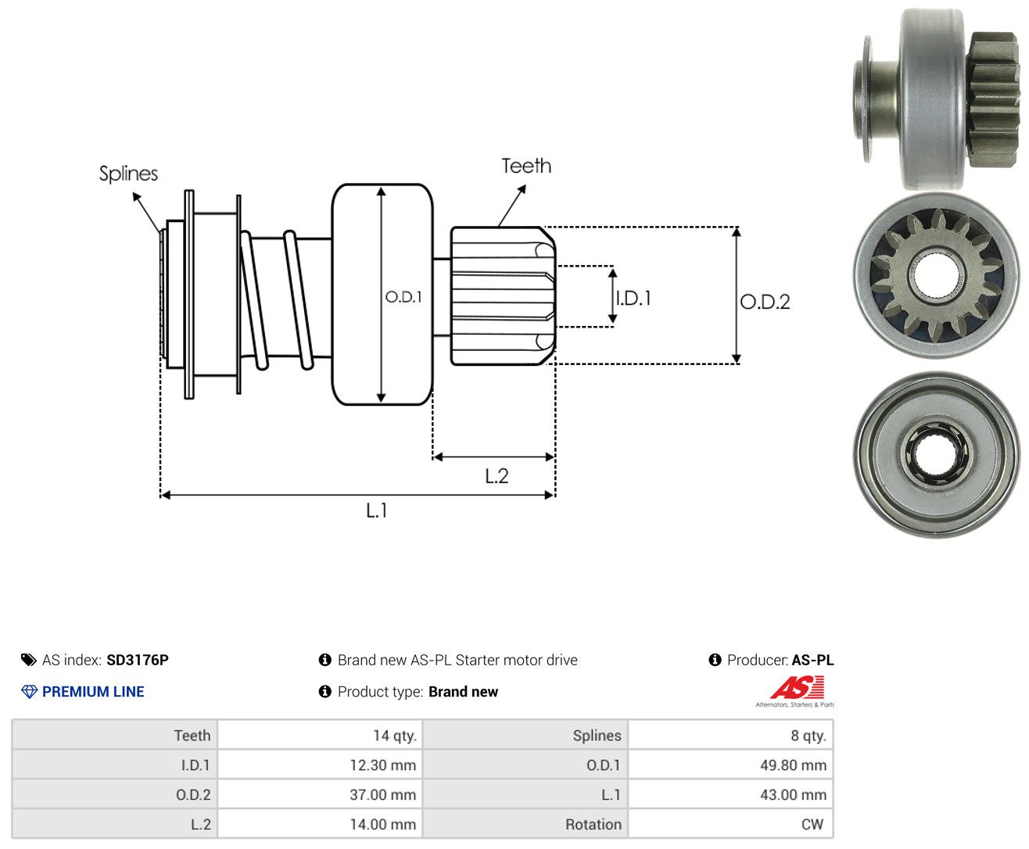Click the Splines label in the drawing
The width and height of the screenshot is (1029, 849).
(x=128, y=174)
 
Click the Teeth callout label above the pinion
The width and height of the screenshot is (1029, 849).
(x=525, y=166)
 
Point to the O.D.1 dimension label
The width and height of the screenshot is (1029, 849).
(x=403, y=296)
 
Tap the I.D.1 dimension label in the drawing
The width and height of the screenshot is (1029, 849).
(x=633, y=298)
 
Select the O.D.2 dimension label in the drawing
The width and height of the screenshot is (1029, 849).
(x=765, y=302)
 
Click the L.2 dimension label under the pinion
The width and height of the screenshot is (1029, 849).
(x=497, y=476)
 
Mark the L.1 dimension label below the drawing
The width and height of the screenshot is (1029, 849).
(x=377, y=510)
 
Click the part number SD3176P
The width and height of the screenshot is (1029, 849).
(x=138, y=660)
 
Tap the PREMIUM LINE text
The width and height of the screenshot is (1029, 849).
(x=93, y=691)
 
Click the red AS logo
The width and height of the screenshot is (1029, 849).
(x=798, y=687)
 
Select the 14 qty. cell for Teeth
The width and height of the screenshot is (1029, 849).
(x=320, y=735)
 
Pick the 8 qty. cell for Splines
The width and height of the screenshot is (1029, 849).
(x=730, y=735)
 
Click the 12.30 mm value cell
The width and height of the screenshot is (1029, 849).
(x=320, y=765)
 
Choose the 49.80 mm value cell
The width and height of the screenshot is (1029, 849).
(x=730, y=765)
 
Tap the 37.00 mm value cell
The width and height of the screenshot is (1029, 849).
(x=320, y=794)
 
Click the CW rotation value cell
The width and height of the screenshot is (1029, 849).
(x=730, y=824)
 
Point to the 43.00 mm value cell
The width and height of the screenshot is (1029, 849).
(x=730, y=794)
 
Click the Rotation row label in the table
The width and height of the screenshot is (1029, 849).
(x=593, y=824)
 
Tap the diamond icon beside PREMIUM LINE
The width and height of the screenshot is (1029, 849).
(x=29, y=692)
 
